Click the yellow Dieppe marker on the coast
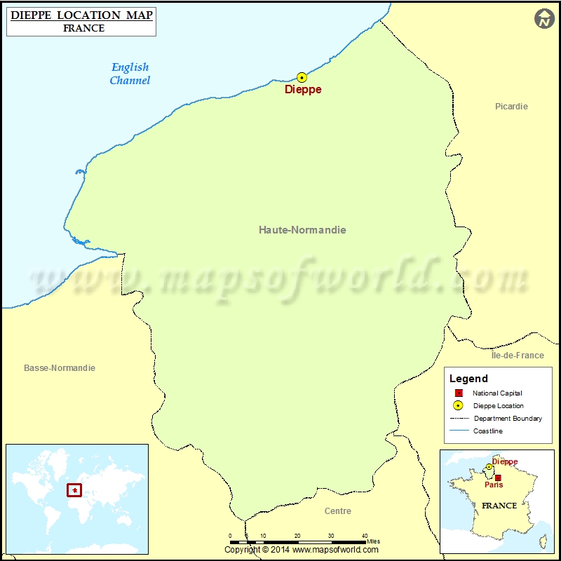click(x=302, y=78)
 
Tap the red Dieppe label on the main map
click(x=303, y=90)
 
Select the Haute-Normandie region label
click(x=302, y=230)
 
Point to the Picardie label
click(x=511, y=107)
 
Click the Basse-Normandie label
click(x=60, y=368)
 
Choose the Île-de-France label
click(x=518, y=356)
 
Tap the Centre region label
click(x=338, y=511)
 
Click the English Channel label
click(x=130, y=74)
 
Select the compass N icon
click(x=544, y=19)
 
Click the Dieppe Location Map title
click(x=81, y=15)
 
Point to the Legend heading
click(x=468, y=379)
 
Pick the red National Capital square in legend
click(x=458, y=393)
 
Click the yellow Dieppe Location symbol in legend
click(x=458, y=405)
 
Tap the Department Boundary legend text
click(x=508, y=419)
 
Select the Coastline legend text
click(x=488, y=431)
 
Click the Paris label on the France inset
click(x=494, y=485)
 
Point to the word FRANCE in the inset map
click(x=499, y=506)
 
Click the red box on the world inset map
click(x=74, y=489)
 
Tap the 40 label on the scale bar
click(x=364, y=536)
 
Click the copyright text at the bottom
click(x=301, y=550)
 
